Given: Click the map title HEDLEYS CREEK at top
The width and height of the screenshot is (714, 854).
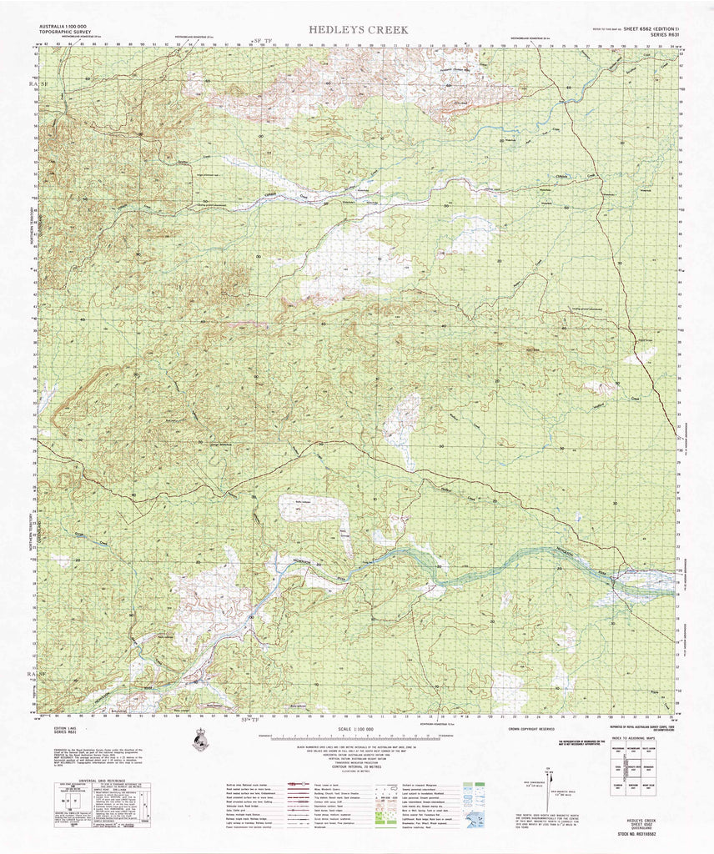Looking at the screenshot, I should (359, 29).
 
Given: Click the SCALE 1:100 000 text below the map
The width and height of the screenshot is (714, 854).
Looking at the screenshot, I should (357, 730).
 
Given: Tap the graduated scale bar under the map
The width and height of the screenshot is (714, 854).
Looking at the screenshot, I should (357, 737).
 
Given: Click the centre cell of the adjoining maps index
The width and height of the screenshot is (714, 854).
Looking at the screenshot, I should (642, 771).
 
